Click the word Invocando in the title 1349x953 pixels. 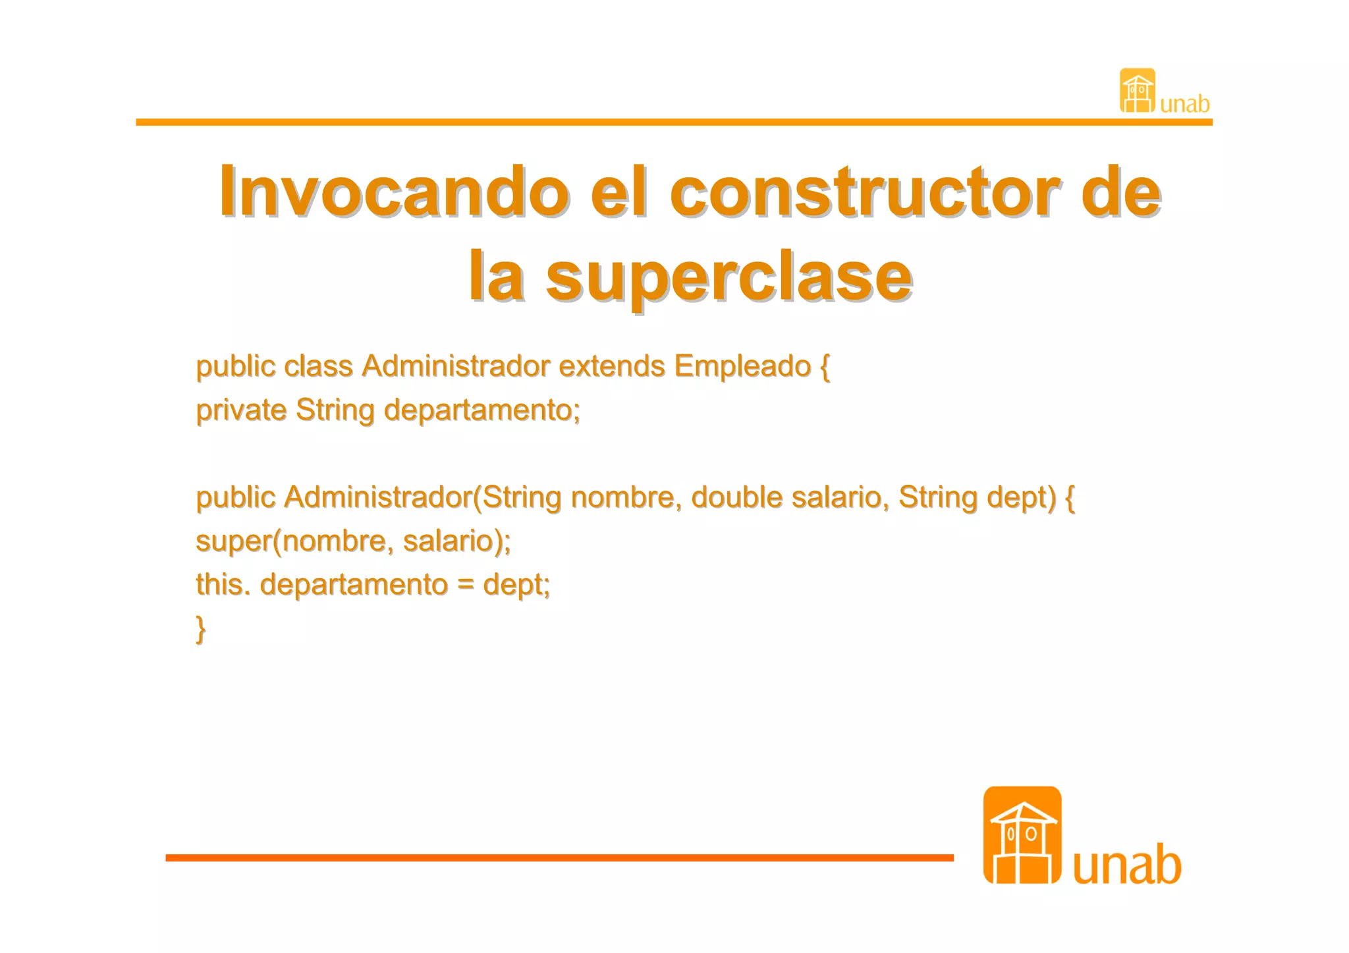pos(394,192)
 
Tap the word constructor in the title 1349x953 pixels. pos(865,192)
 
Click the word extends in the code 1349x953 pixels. pos(611,367)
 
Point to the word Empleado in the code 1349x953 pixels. pos(742,367)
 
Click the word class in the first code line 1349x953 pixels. pos(318,367)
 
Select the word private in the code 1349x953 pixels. pos(241,410)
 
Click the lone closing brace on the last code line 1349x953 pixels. pos(201,628)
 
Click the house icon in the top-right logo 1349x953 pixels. pos(1137,91)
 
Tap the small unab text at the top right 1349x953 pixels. pos(1184,104)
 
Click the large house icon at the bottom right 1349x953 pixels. pos(1022,835)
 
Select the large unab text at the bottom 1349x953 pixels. pos(1126,864)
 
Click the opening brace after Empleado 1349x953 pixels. pos(825,367)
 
